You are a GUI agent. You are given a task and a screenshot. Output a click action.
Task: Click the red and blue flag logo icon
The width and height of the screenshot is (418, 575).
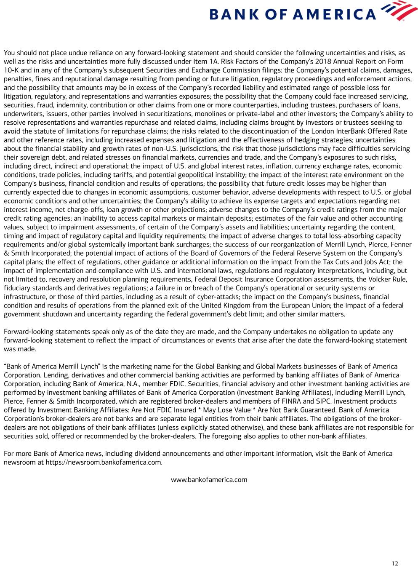point(393,11)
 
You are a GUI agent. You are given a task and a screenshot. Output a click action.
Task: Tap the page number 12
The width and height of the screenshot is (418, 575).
point(394,564)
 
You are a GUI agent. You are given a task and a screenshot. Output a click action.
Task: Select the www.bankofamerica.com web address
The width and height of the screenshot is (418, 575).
point(209,479)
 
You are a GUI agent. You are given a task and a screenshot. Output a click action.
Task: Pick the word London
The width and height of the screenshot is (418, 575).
point(322,131)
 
